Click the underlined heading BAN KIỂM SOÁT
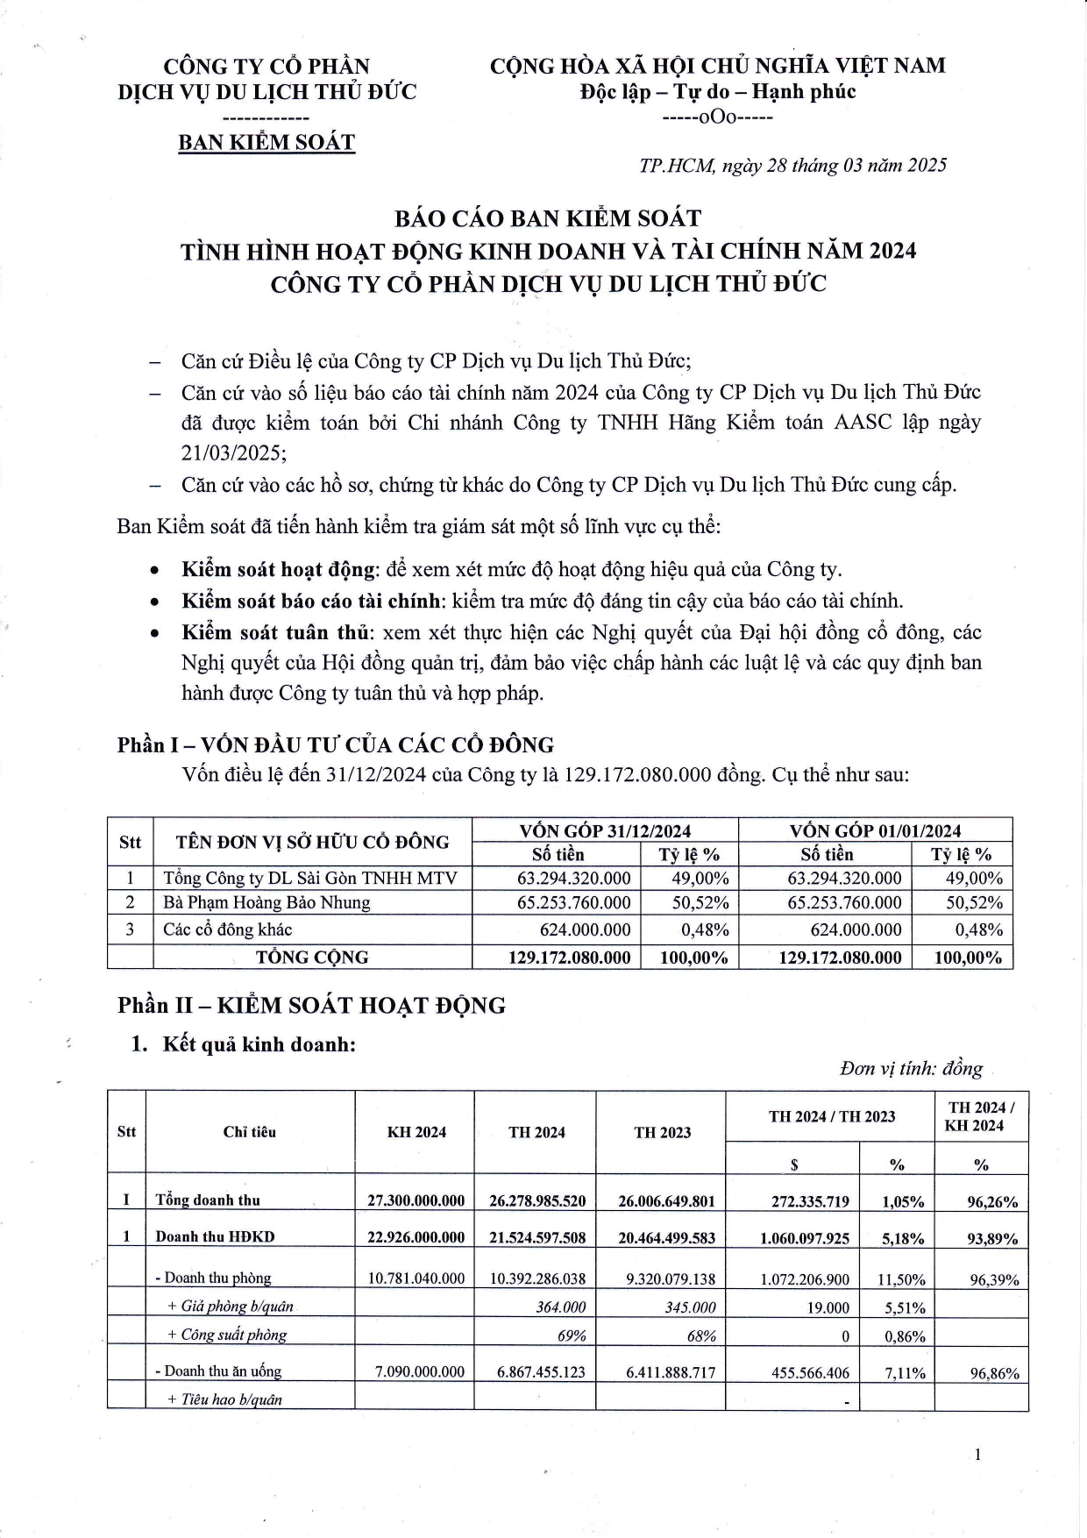click(266, 142)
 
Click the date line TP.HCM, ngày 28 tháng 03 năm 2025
click(792, 166)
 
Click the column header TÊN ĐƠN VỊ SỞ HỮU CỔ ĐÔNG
click(312, 842)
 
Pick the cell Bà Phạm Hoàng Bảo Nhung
click(266, 902)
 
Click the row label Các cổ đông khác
click(228, 929)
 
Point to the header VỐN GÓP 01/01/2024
click(875, 830)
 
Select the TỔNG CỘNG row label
click(312, 957)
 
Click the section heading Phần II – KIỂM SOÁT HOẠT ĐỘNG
click(311, 1005)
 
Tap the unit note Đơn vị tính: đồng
click(911, 1069)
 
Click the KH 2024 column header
click(416, 1132)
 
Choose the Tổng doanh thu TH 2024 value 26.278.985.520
click(537, 1200)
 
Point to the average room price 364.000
click(561, 1307)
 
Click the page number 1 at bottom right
click(977, 1456)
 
